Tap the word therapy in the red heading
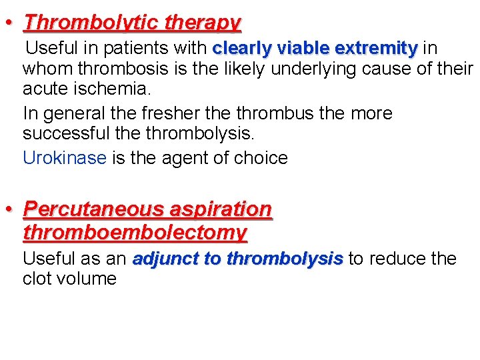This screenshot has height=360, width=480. [203, 23]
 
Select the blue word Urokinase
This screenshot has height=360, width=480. [65, 158]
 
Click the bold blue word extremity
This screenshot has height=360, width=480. [377, 49]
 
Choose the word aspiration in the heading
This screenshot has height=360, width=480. [221, 209]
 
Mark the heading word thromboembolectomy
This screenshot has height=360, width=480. [135, 233]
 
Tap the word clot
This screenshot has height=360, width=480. [37, 279]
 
